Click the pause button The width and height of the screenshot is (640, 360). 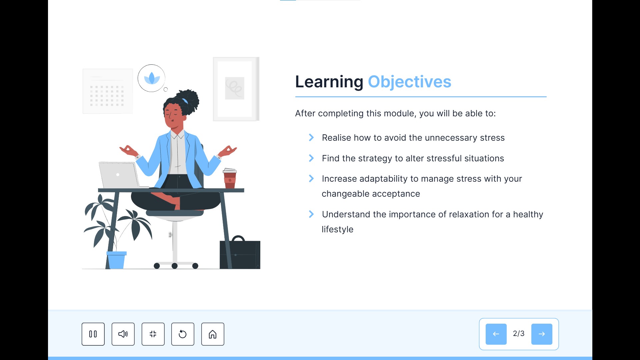[x=93, y=334]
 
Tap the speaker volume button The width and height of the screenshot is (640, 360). [x=123, y=334]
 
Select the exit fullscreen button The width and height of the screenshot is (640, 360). [x=153, y=334]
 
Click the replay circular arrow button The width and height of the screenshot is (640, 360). [x=183, y=334]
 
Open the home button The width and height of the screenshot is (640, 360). [x=213, y=334]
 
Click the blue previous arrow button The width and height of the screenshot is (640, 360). [x=496, y=334]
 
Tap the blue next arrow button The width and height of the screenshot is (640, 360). [x=542, y=334]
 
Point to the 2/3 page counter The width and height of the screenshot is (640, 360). [x=519, y=334]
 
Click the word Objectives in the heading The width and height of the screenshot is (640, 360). [x=409, y=82]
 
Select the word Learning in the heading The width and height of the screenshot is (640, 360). [x=329, y=82]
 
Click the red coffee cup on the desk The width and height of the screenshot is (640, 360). [x=230, y=179]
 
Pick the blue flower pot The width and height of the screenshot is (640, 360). [x=116, y=260]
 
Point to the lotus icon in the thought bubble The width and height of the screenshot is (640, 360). [x=152, y=78]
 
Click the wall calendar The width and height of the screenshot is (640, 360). [x=107, y=91]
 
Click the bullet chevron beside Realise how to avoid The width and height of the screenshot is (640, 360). [x=311, y=138]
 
